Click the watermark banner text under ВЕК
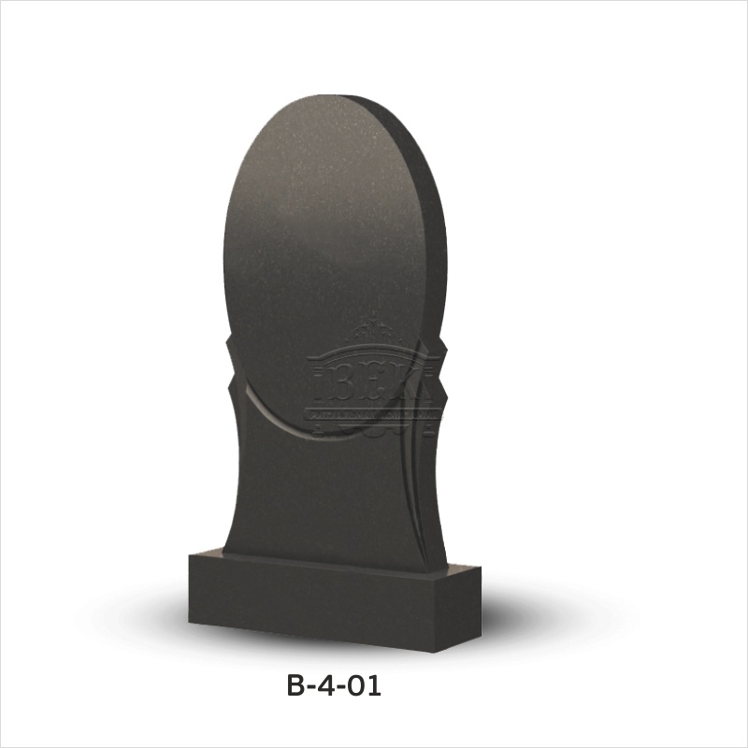pos(372,412)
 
